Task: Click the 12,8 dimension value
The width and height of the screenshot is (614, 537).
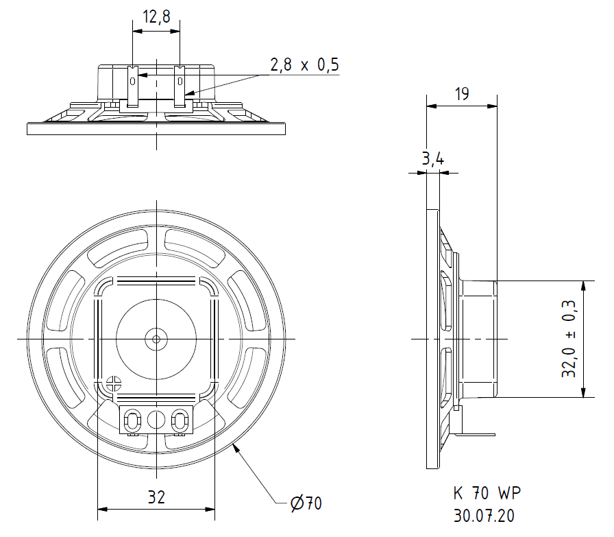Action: [156, 16]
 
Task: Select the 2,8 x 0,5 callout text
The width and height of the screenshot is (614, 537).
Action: [304, 64]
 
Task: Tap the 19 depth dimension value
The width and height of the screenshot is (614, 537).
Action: [462, 94]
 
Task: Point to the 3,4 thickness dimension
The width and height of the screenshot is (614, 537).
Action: [432, 158]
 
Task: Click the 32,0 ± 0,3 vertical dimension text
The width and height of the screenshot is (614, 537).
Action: [569, 339]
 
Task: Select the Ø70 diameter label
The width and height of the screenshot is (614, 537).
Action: [306, 503]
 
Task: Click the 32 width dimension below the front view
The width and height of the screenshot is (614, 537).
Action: [156, 497]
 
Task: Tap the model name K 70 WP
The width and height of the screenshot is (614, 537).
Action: [487, 492]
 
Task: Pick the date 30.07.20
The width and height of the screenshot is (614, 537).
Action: [484, 516]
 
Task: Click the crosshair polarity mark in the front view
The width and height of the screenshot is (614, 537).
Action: [114, 383]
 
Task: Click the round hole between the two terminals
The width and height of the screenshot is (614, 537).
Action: [156, 420]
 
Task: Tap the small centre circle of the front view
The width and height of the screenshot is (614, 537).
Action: [156, 339]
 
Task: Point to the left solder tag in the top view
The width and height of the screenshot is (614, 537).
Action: [133, 86]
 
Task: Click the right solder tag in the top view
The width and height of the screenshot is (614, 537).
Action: [180, 86]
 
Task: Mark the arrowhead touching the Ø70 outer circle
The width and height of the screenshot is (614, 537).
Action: [236, 448]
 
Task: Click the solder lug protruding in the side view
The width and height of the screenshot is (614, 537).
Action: [475, 434]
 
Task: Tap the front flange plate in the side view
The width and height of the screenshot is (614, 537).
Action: [432, 339]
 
